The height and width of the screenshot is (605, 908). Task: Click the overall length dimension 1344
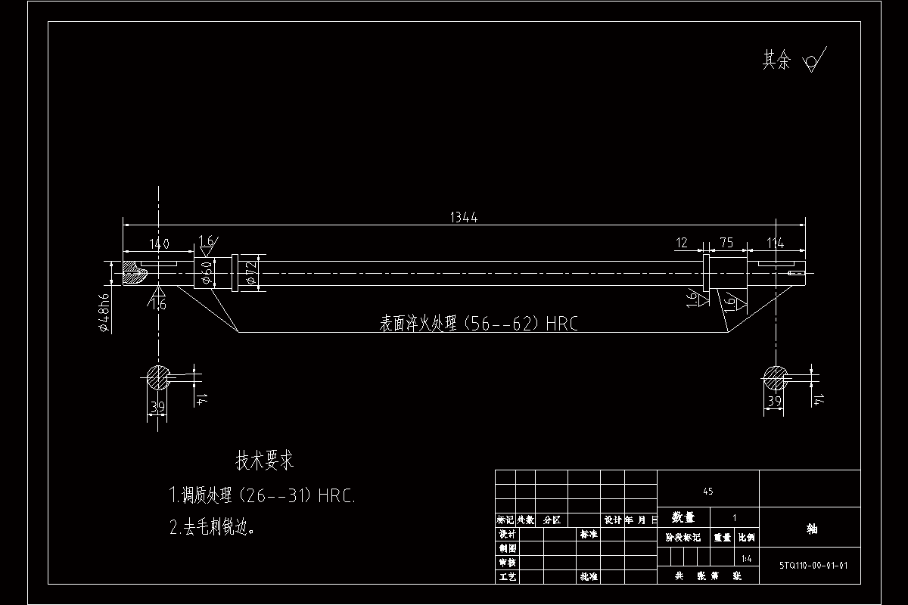tap(464, 218)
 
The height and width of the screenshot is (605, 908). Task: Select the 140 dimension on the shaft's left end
tap(159, 244)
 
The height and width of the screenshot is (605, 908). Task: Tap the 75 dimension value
tap(726, 243)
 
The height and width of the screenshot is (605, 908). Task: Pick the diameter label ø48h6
tap(106, 311)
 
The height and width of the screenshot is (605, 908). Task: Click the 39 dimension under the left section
tap(157, 408)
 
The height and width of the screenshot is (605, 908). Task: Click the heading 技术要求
tap(265, 460)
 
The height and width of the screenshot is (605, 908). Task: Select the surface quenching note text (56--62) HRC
tap(478, 324)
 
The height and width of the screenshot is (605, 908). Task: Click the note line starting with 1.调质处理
tap(262, 497)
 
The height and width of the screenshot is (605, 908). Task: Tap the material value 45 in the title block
tap(707, 492)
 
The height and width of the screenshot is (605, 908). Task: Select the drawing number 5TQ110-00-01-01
tap(813, 564)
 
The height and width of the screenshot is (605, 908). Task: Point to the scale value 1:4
tap(746, 559)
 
